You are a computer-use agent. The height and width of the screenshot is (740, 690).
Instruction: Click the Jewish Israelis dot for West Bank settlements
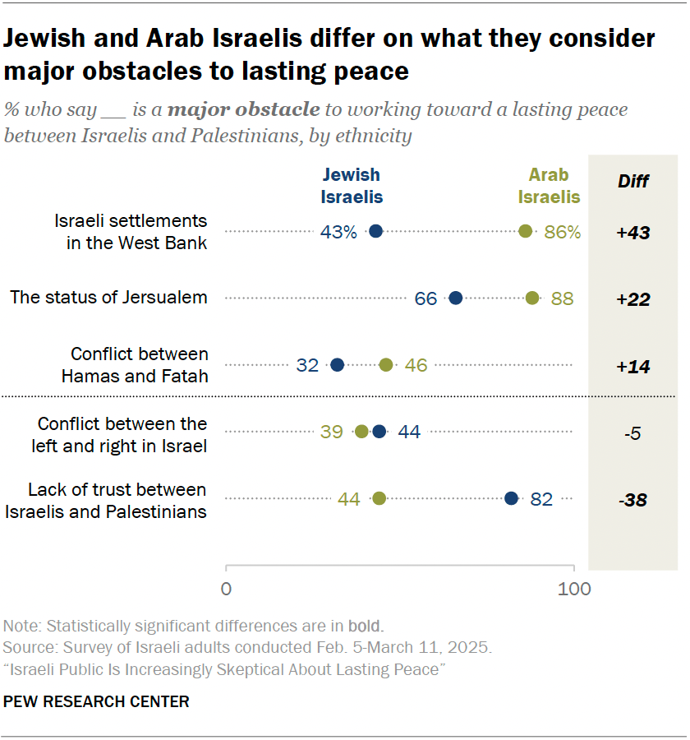376,232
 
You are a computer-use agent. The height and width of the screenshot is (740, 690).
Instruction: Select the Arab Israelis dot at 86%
526,232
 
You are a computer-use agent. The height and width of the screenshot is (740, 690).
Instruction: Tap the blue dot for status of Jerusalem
456,298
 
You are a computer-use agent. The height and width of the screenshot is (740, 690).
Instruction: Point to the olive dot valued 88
532,298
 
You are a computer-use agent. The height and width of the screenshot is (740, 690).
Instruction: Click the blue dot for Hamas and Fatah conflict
337,364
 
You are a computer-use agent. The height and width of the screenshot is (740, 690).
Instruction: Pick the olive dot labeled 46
386,364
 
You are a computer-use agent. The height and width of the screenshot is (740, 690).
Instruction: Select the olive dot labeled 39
361,432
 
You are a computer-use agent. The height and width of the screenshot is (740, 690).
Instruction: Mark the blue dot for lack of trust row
511,498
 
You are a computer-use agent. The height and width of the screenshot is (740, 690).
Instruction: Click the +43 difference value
633,233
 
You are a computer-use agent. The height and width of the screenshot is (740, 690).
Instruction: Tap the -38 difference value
633,499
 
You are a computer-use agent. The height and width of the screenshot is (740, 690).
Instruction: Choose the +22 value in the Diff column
633,298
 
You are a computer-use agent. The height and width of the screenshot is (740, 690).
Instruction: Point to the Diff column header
633,182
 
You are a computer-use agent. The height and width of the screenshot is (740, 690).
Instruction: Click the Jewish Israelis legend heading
352,185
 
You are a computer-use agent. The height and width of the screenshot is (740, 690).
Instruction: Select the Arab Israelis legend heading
554,185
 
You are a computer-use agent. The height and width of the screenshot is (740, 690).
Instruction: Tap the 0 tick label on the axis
226,589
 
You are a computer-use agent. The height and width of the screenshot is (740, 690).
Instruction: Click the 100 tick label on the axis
574,589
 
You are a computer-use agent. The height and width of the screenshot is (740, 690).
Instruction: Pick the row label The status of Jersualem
108,298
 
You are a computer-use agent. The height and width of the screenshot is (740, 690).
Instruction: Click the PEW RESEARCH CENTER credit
97,701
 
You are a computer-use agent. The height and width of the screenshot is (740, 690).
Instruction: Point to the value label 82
541,498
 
